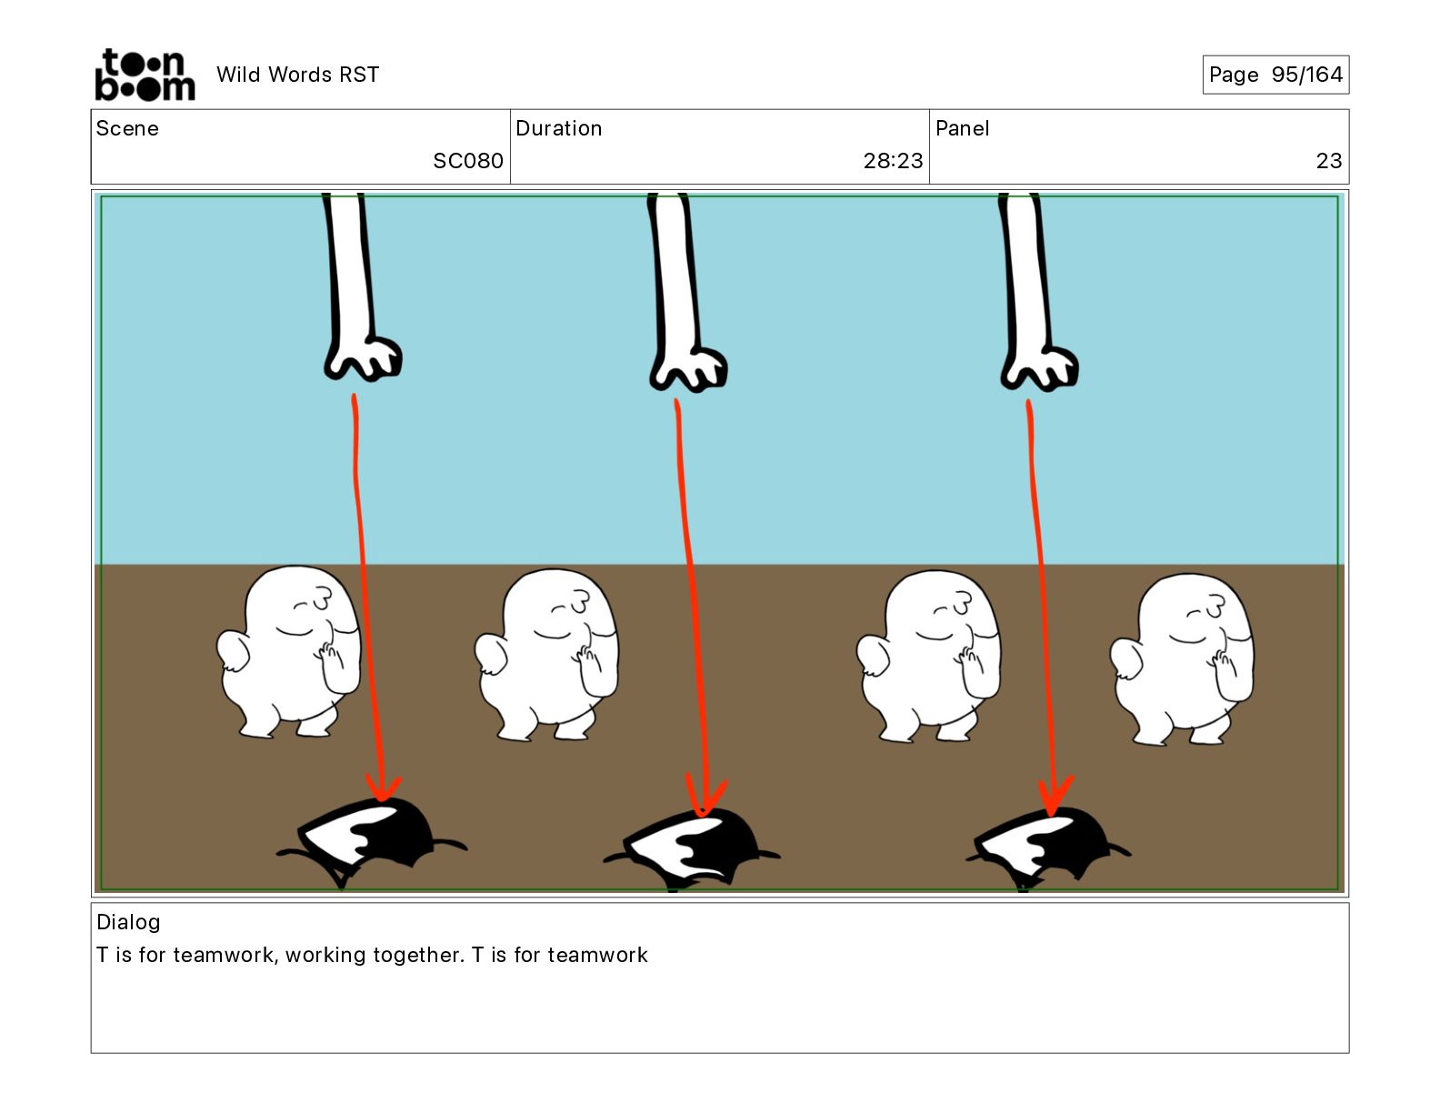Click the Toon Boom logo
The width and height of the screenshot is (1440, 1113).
(145, 75)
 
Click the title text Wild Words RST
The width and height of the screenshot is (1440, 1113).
(297, 75)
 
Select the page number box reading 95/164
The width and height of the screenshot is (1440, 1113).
(1275, 75)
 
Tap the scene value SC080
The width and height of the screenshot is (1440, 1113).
(468, 160)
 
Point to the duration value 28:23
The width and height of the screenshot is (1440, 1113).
(893, 160)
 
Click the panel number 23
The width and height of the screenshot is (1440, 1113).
(1329, 160)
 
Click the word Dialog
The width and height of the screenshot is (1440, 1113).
(128, 921)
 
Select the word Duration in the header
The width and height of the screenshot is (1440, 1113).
(559, 128)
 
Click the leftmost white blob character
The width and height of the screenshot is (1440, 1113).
(289, 651)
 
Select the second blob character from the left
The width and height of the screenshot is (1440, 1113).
(546, 655)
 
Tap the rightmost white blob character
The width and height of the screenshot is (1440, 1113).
(1182, 659)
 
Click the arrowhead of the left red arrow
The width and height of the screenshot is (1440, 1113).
(383, 789)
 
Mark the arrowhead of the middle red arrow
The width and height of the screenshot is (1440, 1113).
(705, 796)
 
